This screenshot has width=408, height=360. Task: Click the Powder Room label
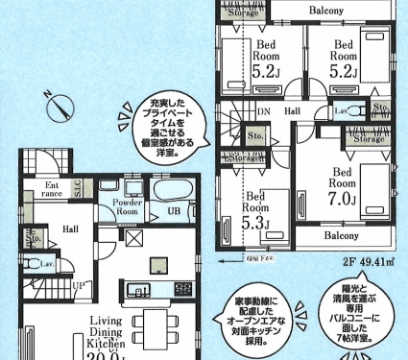click(x=128, y=207)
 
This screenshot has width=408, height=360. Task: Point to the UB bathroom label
click(x=175, y=211)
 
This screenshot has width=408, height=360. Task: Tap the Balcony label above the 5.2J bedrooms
click(x=307, y=11)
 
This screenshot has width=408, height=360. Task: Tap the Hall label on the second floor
click(x=293, y=111)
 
